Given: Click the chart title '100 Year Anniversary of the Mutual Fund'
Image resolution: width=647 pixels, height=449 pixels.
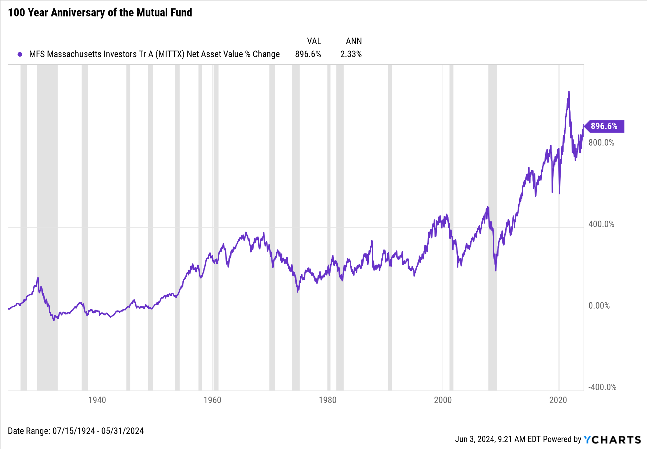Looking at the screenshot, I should tap(100, 12).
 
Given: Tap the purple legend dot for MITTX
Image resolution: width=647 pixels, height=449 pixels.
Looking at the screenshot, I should tap(20, 54).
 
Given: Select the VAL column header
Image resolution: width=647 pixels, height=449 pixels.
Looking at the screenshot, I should tap(314, 41).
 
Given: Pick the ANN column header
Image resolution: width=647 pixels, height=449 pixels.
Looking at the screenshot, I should tap(354, 41).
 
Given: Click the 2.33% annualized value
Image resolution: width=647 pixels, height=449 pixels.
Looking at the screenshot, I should tap(351, 54).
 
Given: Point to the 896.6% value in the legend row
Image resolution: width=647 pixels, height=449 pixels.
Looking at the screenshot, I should tap(308, 54).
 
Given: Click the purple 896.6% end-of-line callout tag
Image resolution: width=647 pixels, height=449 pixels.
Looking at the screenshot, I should tap(604, 126).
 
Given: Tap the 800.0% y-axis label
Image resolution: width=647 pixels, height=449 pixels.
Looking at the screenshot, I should tap(601, 143).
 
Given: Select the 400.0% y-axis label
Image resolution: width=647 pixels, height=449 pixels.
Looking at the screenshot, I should tap(601, 224).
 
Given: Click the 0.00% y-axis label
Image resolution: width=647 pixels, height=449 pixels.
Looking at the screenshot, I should tap(599, 306).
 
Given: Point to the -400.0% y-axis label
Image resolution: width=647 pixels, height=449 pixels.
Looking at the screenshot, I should tap(602, 387).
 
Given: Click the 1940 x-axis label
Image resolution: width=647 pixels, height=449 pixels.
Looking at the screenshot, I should tap(97, 400).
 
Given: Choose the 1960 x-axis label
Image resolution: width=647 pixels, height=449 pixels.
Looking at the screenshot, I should tap(212, 400).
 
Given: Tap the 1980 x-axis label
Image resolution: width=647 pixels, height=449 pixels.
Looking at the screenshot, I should tap(327, 400).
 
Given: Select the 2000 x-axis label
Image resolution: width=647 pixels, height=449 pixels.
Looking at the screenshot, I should tap(443, 400).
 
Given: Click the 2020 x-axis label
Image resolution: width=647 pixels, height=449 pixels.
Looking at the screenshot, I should tap(558, 400).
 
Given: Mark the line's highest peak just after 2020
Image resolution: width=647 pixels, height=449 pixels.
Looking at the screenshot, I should tap(569, 92).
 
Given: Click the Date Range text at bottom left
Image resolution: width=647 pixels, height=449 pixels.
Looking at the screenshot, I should tap(76, 431).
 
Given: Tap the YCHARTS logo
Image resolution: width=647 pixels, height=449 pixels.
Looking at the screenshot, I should tap(612, 440).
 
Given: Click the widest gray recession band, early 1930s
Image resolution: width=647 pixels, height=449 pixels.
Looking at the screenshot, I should tap(47, 226).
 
